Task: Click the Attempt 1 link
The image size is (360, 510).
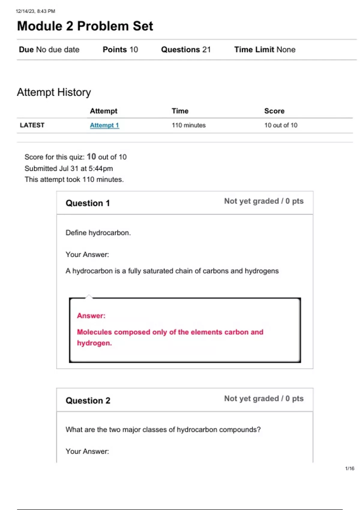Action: [x=104, y=125]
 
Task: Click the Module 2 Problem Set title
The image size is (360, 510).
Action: [x=85, y=26]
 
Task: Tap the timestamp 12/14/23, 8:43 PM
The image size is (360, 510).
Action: [x=35, y=11]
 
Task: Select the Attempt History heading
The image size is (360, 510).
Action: [x=54, y=92]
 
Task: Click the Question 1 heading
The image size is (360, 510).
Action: [x=88, y=203]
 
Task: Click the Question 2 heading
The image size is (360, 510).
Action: [x=88, y=400]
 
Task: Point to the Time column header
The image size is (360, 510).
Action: [x=180, y=111]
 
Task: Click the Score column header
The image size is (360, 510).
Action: [x=274, y=111]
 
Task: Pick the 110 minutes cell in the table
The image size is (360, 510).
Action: [x=188, y=125]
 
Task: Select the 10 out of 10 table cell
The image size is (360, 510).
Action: [x=280, y=125]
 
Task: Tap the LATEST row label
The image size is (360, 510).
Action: [x=32, y=125]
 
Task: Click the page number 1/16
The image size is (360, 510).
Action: [x=349, y=468]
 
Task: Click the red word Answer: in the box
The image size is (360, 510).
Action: [x=91, y=316]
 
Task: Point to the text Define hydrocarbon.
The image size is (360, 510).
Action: [x=98, y=233]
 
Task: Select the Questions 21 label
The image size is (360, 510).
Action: [x=186, y=49]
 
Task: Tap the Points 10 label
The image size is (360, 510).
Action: [x=120, y=49]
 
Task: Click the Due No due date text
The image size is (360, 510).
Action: [x=49, y=49]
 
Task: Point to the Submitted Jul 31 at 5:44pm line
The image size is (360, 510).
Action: [x=69, y=169]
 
